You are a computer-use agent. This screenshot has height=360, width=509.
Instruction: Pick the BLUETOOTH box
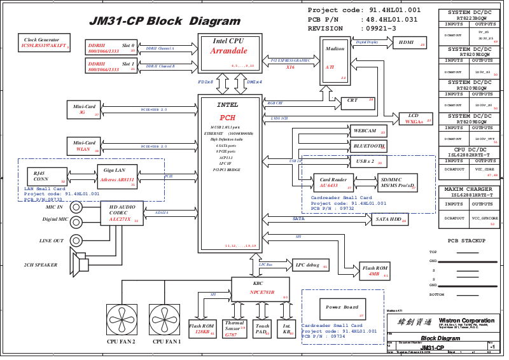368,146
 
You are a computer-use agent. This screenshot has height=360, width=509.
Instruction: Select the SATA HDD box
389,219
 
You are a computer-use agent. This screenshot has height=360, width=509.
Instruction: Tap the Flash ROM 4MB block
375,270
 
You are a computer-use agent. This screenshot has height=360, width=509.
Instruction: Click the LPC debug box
310,265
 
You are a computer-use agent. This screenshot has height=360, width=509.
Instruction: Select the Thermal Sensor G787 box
235,328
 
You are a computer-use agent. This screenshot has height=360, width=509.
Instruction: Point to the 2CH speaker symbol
81,264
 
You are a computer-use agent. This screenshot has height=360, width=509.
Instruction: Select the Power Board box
342,308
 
